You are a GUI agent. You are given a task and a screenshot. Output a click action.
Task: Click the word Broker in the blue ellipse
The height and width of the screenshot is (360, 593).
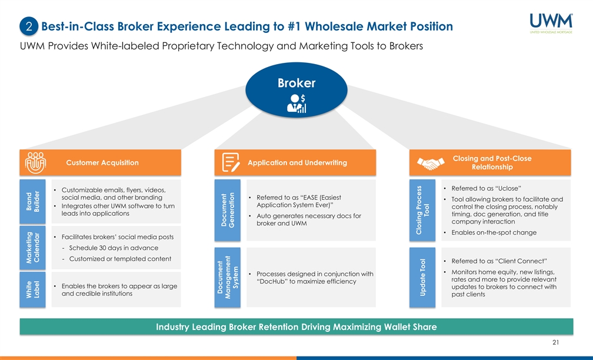point(296,83)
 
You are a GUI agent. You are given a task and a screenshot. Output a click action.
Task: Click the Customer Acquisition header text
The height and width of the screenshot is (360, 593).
point(102,163)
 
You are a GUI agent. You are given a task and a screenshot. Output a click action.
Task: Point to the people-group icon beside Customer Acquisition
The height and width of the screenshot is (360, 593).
point(32,163)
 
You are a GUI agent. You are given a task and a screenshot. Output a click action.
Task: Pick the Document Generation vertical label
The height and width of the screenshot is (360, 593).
point(227,209)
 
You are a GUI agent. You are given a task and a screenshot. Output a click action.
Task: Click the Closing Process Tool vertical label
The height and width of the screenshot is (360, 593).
point(422,210)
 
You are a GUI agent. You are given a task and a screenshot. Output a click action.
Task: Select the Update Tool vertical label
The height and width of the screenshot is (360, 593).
point(422,277)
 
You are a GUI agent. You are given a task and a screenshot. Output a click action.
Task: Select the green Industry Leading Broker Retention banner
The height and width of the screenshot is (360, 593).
point(296,327)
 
